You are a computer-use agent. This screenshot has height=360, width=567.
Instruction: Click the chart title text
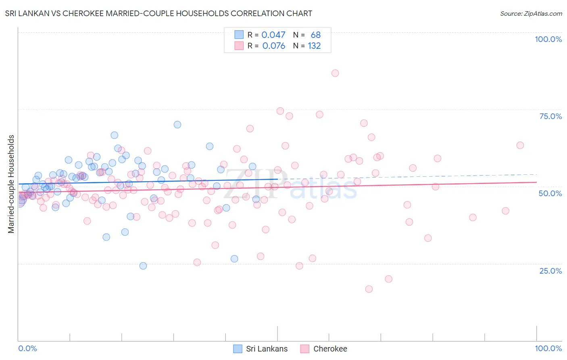pyautogui.click(x=158, y=13)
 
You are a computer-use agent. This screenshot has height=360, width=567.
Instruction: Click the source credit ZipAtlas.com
pyautogui.click(x=531, y=13)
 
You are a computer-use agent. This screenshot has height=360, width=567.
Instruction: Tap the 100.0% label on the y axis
pyautogui.click(x=548, y=39)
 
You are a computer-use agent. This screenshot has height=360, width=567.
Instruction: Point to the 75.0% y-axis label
pyautogui.click(x=550, y=116)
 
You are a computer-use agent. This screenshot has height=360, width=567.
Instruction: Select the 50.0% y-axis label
pyautogui.click(x=550, y=193)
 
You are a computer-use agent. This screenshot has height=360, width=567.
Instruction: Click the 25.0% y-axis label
pyautogui.click(x=550, y=271)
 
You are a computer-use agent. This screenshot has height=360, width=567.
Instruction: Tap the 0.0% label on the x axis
pyautogui.click(x=27, y=348)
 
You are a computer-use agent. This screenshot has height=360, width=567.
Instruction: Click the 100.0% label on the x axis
pyautogui.click(x=548, y=348)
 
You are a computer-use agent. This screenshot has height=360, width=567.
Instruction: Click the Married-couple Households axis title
pyautogui.click(x=11, y=184)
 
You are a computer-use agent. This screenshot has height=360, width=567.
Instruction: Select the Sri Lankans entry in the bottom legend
pyautogui.click(x=267, y=349)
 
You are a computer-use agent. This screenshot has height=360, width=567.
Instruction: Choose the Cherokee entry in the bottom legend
pyautogui.click(x=330, y=349)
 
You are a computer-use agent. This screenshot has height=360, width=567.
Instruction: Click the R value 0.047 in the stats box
pyautogui.click(x=273, y=35)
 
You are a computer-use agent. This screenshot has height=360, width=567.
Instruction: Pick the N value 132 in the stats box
pyautogui.click(x=314, y=46)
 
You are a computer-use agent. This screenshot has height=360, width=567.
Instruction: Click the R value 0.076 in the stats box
pyautogui.click(x=273, y=46)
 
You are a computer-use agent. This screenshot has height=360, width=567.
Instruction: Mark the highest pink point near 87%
pyautogui.click(x=335, y=73)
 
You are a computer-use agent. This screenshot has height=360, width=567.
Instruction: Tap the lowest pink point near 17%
pyautogui.click(x=369, y=289)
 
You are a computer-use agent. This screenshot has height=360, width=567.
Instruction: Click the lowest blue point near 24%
pyautogui.click(x=143, y=266)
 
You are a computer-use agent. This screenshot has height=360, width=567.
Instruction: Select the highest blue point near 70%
pyautogui.click(x=177, y=124)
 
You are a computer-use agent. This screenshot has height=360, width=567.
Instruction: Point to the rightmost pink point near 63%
pyautogui.click(x=520, y=145)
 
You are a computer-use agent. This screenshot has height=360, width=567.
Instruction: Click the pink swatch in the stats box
pyautogui.click(x=239, y=46)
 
